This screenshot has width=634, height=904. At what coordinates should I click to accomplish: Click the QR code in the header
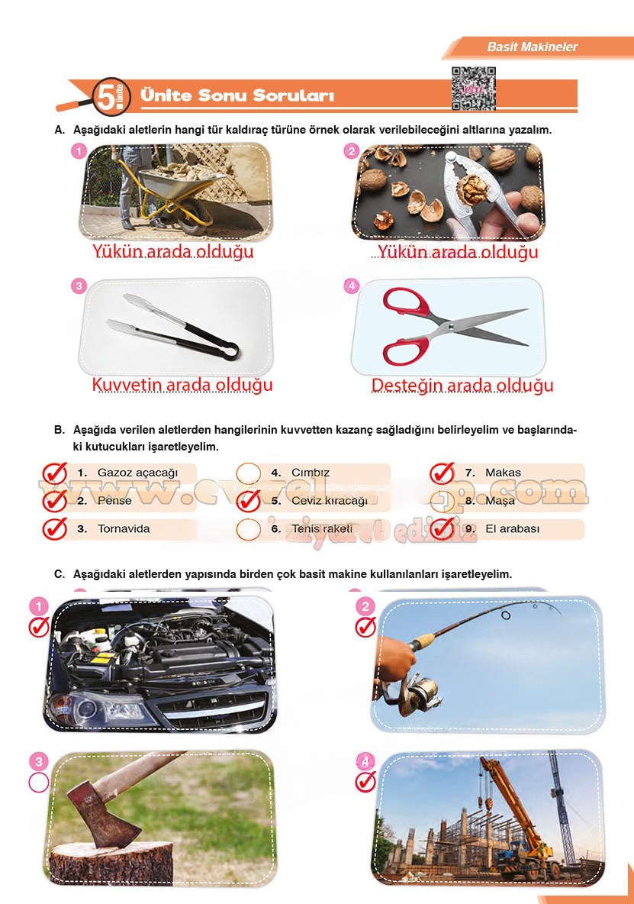473,89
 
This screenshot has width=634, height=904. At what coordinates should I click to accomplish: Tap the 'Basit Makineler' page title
532,47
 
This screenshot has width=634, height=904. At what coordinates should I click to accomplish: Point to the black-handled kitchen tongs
175,328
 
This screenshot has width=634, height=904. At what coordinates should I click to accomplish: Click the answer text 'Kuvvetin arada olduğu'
182,385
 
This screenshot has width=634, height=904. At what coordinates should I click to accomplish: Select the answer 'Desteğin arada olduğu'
462,386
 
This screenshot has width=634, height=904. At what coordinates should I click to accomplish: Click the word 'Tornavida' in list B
124,528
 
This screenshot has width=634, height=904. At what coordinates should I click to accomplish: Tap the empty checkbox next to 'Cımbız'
248,473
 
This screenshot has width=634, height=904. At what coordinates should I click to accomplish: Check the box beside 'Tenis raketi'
248,529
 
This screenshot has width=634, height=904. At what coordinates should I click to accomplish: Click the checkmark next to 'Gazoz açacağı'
54,473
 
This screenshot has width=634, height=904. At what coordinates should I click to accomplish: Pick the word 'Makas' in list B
503,473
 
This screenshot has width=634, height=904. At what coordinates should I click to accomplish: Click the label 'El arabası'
512,528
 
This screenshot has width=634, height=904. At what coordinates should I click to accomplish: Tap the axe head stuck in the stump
84,809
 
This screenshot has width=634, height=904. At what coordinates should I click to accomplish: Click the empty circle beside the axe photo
38,782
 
